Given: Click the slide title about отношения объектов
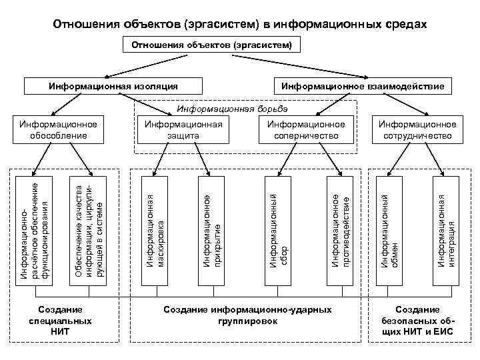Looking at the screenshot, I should pos(239,24).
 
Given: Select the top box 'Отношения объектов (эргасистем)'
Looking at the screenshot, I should pos(211,45).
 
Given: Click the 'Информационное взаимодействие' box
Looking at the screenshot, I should pos(363,86).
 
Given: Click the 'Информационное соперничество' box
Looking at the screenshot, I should pos(306,129).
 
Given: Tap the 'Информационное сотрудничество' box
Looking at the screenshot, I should pos(417,129).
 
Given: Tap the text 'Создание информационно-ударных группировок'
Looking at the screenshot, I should pos(247,315).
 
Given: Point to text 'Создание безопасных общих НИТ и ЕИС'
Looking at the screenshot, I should pos(417,321).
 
